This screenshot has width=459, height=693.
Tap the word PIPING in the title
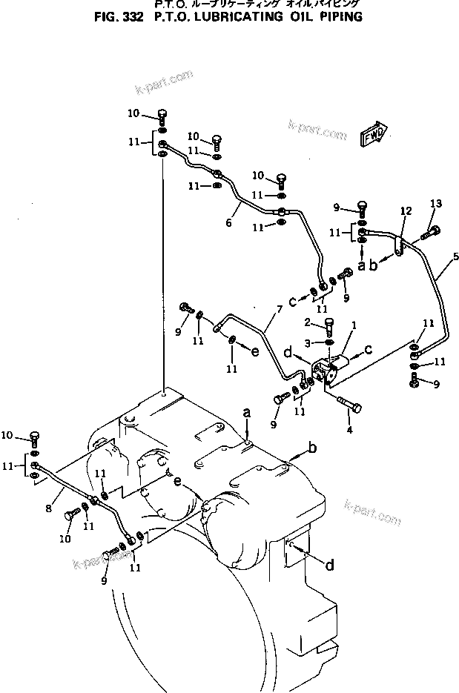339,16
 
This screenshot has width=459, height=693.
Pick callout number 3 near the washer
307,341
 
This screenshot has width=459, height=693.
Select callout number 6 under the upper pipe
228,222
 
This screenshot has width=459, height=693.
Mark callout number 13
436,204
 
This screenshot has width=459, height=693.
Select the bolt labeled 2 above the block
331,326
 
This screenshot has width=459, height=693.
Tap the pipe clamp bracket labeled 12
400,248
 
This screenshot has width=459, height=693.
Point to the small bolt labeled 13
428,233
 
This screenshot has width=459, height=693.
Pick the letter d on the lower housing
329,566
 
